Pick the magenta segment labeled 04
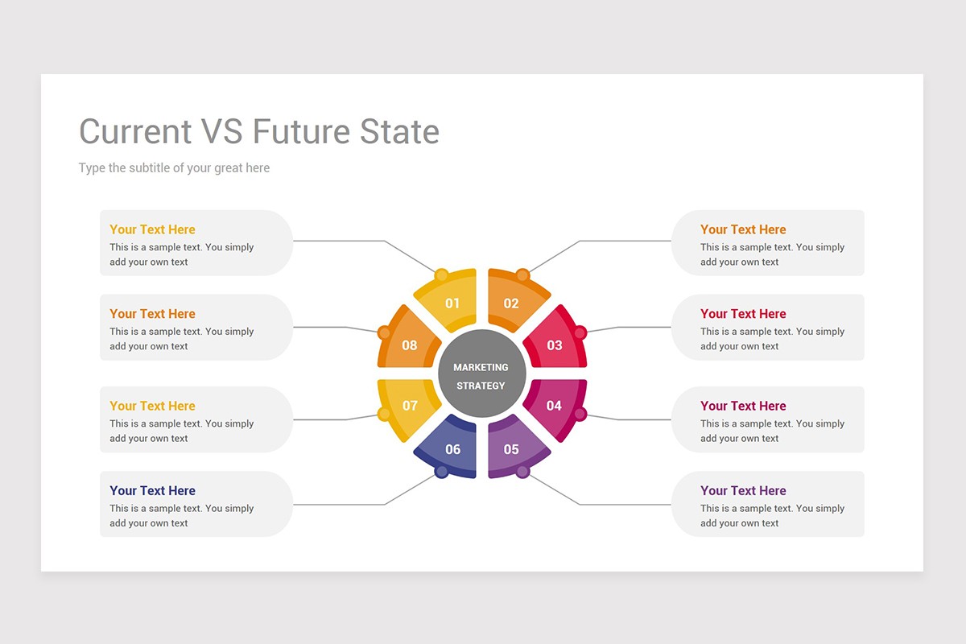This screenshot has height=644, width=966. point(555,406)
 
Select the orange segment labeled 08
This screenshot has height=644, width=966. point(409,344)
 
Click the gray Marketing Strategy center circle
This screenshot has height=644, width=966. point(481,374)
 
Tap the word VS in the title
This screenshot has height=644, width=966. point(221,132)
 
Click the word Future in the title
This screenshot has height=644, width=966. point(301,132)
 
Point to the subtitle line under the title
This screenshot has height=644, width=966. point(174,168)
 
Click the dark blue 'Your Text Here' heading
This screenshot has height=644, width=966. point(152,490)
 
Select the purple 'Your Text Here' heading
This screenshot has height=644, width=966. point(743,490)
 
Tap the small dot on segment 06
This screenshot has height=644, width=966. point(441,472)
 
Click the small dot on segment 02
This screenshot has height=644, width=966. point(522,275)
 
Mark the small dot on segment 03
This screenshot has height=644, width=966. point(580,332)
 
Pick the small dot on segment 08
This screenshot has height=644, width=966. point(384,332)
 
